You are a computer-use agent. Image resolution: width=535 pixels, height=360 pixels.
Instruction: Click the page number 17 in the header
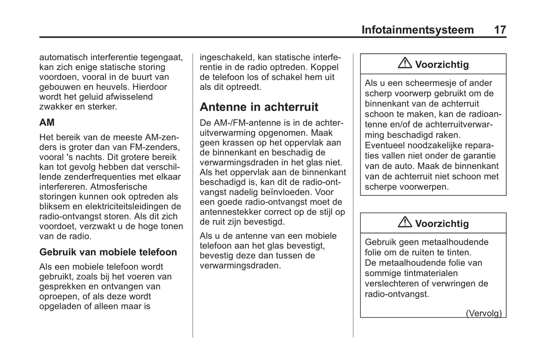click(500, 30)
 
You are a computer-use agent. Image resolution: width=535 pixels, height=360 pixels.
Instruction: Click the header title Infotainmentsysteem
click(417, 30)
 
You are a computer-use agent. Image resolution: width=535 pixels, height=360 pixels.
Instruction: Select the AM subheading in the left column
click(47, 122)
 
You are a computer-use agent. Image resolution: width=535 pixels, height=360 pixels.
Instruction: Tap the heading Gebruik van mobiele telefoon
click(108, 252)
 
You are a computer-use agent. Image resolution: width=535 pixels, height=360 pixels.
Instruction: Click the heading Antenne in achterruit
click(259, 107)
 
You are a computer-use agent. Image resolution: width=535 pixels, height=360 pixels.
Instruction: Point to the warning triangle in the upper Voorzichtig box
click(405, 63)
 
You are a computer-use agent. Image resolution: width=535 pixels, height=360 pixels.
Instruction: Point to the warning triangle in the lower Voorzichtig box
click(405, 222)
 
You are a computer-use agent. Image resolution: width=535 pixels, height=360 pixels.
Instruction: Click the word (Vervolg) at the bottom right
click(484, 313)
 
